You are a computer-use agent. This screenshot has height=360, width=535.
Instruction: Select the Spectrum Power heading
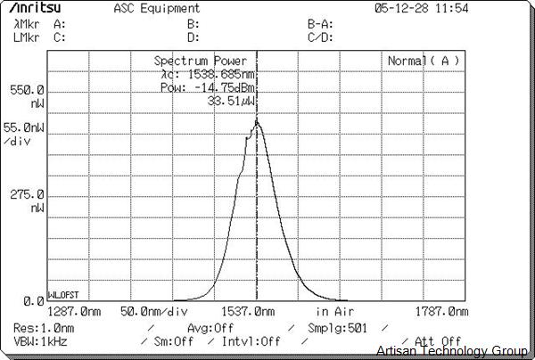pyautogui.click(x=201, y=61)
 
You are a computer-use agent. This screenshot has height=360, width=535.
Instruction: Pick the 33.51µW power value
pyautogui.click(x=231, y=101)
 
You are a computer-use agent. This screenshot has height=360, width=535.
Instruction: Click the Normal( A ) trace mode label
pyautogui.click(x=424, y=61)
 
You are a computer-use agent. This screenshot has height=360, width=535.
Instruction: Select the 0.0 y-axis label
pyautogui.click(x=34, y=301)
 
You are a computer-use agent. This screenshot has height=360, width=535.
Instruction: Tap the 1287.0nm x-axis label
pyautogui.click(x=73, y=312)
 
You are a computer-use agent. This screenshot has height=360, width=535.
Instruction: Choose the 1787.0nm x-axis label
pyautogui.click(x=441, y=312)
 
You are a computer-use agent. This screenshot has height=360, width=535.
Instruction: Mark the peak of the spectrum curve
pyautogui.click(x=257, y=123)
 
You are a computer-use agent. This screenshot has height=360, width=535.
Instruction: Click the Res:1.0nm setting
pyautogui.click(x=44, y=328)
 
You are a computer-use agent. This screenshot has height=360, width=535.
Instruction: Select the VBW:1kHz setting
pyautogui.click(x=41, y=341)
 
